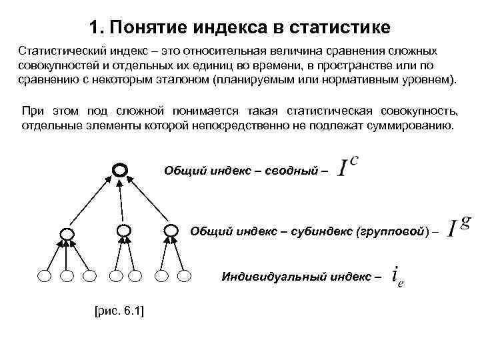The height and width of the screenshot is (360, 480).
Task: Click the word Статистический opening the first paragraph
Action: coord(61,51)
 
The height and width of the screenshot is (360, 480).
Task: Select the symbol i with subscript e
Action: coord(397,275)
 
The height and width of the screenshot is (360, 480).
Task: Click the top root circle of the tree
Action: coord(119,170)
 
